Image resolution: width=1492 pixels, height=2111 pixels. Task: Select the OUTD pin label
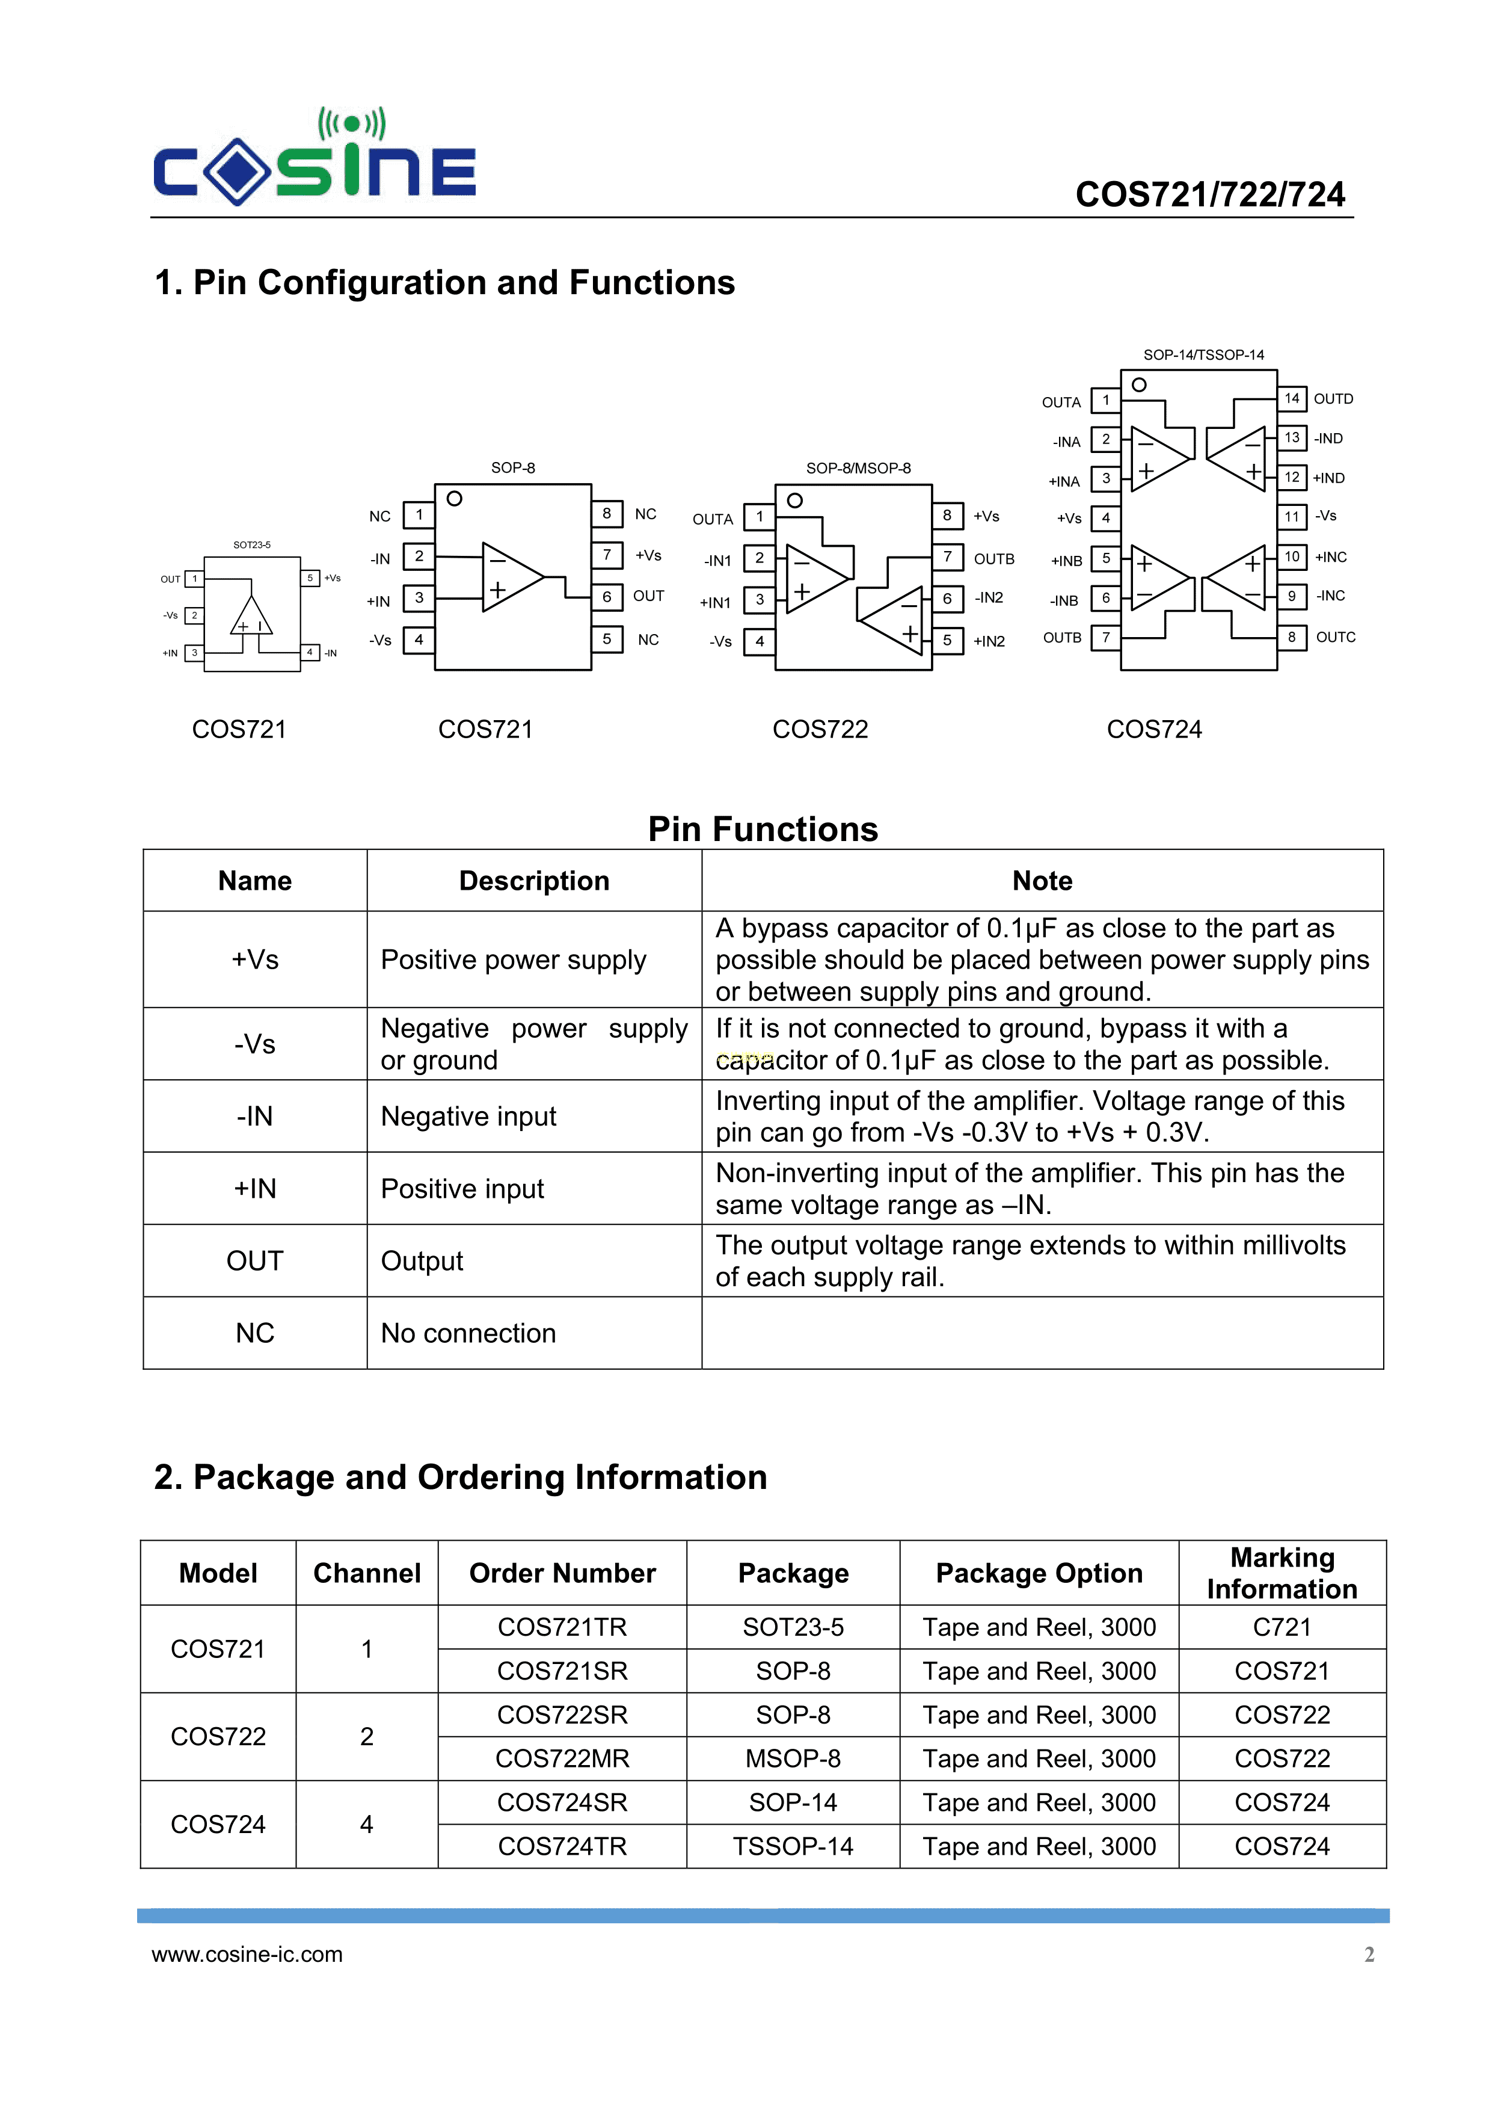tap(1333, 399)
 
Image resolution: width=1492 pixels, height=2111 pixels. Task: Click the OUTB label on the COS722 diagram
tap(993, 559)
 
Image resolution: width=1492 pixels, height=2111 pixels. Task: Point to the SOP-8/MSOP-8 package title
tap(858, 468)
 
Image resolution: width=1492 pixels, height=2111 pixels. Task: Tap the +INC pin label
tap(1330, 557)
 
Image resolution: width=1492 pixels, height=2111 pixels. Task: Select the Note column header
tap(1042, 881)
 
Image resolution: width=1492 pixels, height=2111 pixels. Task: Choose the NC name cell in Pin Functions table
tap(254, 1333)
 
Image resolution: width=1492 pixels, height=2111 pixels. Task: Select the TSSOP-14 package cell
tap(793, 1846)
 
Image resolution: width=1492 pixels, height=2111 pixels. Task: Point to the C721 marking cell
tap(1282, 1627)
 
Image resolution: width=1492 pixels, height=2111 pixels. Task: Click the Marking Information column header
tap(1282, 1573)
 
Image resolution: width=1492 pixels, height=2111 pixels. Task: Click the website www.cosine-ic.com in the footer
tap(247, 1954)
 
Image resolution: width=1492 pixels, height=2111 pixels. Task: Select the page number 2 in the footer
tap(1369, 1954)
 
